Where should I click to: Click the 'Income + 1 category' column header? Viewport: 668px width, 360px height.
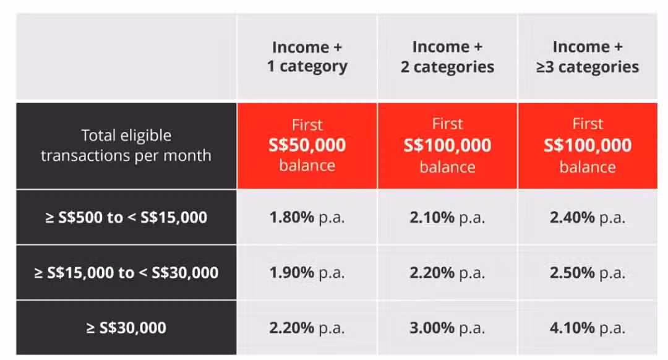307,57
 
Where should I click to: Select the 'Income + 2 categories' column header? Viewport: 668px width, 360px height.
447,57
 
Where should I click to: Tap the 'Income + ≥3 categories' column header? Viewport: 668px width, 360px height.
588,57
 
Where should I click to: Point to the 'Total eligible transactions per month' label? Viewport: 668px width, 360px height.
126,145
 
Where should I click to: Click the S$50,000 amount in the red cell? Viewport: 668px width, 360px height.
307,145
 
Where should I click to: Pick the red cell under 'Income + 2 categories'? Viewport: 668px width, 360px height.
447,146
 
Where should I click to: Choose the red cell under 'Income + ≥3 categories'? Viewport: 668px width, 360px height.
588,146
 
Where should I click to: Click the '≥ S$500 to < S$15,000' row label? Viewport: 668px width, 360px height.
126,217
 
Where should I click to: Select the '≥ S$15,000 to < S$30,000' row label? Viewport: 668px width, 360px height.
126,273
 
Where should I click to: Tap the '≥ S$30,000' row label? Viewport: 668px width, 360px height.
126,328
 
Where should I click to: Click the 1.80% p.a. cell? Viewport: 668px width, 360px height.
307,217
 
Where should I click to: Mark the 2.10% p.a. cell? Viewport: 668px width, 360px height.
447,217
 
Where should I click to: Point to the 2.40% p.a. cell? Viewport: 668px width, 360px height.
588,217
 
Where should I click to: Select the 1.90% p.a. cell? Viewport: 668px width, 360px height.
307,273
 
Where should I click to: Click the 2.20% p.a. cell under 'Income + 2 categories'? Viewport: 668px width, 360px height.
447,273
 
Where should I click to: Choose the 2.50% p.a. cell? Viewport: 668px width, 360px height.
588,273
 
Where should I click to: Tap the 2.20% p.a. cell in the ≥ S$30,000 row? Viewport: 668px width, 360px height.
307,328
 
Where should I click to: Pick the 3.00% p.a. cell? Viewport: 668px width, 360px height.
447,328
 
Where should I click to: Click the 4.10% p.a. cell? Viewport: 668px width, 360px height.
588,328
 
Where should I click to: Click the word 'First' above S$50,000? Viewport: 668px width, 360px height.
307,125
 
